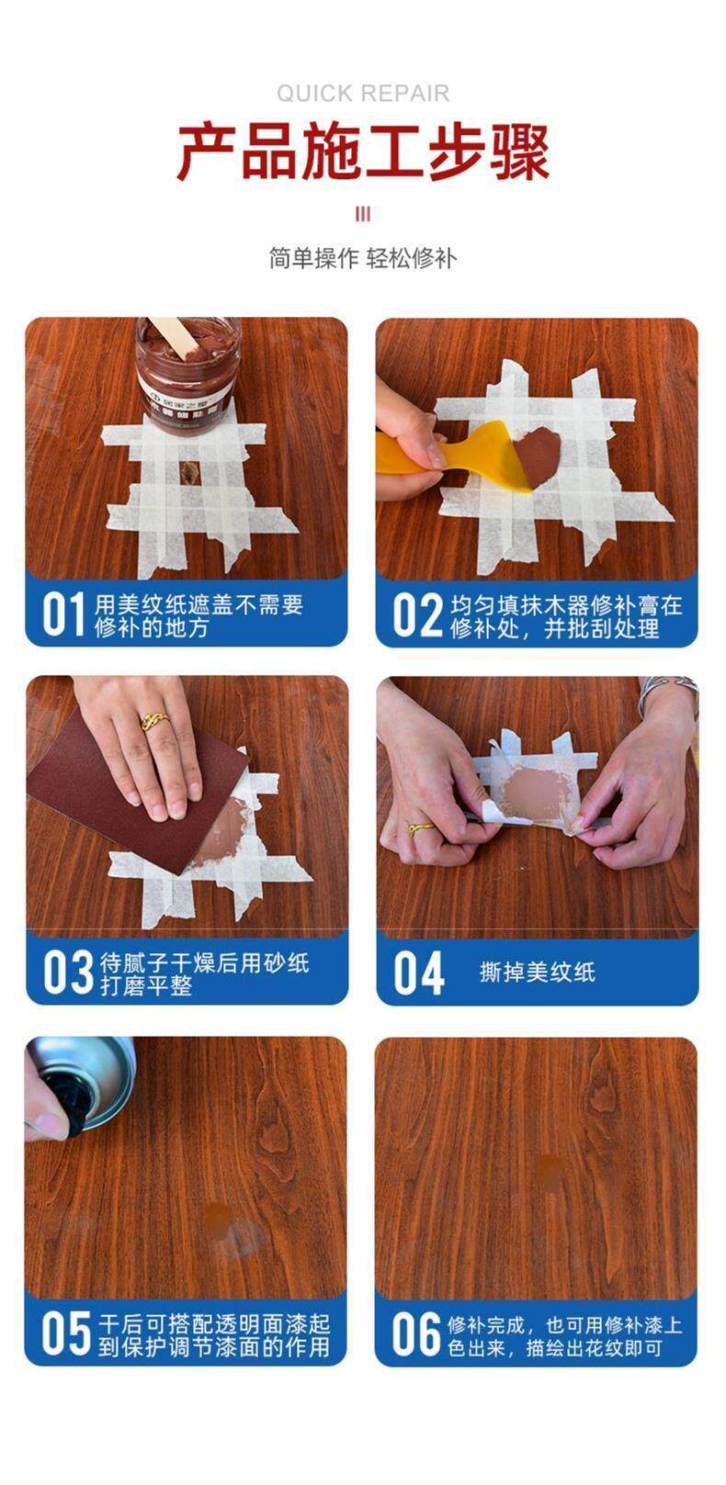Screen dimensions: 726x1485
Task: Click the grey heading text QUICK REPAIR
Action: tap(363, 94)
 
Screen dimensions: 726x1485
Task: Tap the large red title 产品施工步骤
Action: tap(363, 152)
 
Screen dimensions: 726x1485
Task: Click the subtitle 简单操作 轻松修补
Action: tap(363, 258)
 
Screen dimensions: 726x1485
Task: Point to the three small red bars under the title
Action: tap(363, 214)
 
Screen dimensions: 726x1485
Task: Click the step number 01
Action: tap(63, 614)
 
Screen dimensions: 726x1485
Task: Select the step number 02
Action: tap(416, 615)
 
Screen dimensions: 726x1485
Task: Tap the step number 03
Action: tap(68, 972)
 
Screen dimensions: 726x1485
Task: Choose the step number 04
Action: tap(419, 973)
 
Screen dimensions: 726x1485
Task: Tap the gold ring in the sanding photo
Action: tap(154, 721)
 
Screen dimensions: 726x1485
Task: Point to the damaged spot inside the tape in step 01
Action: tap(188, 472)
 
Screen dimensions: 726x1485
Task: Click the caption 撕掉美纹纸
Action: tap(537, 973)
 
